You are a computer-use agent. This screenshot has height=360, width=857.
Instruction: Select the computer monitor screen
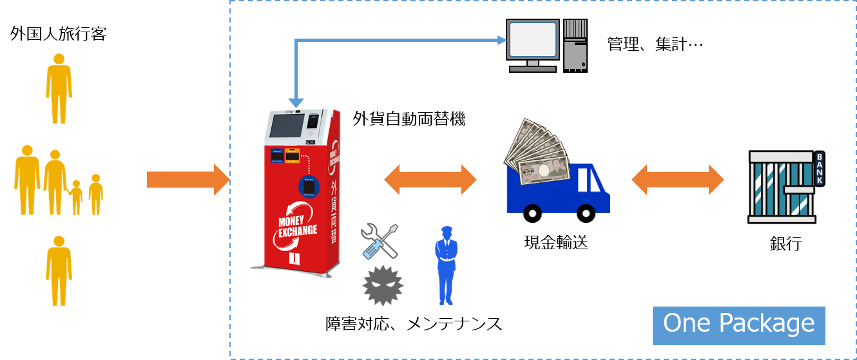coord(532,39)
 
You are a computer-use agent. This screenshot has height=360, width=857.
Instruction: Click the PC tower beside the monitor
coord(575,44)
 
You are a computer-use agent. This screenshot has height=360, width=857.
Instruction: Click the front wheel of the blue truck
coord(586,213)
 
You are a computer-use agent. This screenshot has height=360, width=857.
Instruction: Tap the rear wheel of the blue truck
coord(532,213)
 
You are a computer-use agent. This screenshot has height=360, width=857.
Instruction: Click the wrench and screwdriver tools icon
coord(380,241)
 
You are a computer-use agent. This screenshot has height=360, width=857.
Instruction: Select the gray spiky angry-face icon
coord(383,284)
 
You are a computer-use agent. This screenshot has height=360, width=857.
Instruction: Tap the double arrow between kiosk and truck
coord(430,180)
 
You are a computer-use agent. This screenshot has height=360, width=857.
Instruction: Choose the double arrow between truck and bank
coord(678,180)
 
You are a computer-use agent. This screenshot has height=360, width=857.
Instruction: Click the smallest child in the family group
coord(77,196)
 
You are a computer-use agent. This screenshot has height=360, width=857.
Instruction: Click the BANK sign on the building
coord(819,169)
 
